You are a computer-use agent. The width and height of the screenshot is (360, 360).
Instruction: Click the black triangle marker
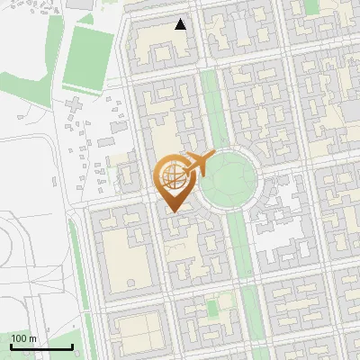pyautogui.click(x=181, y=24)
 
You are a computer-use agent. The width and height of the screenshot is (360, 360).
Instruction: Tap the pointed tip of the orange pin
pyautogui.click(x=171, y=211)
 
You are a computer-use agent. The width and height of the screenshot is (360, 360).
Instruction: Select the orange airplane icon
pyautogui.click(x=197, y=164)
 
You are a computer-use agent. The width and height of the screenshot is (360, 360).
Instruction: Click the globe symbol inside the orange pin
pyautogui.click(x=171, y=176)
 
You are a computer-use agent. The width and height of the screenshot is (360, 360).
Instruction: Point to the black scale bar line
pyautogui.click(x=41, y=346)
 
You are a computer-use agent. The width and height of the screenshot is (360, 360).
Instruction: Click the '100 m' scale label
pyautogui.click(x=24, y=338)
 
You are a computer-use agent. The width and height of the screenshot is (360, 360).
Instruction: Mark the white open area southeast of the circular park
pyautogui.click(x=286, y=220)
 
